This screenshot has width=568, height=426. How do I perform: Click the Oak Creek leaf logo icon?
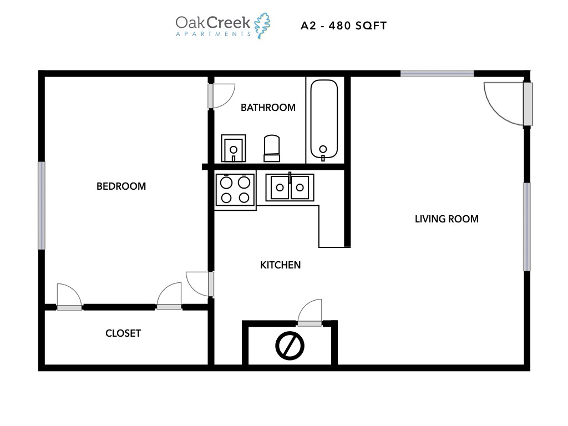(x=262, y=26)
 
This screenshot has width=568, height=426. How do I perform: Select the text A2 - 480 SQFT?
(x=343, y=26)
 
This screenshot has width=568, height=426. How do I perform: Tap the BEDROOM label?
(x=121, y=186)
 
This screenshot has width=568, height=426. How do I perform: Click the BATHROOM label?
(x=268, y=108)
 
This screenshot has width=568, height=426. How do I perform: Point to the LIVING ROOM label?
(x=447, y=219)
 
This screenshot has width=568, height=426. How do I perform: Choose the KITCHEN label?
(x=280, y=265)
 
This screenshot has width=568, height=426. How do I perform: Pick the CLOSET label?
(x=123, y=333)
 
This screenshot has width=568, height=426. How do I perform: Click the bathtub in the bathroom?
(x=323, y=120)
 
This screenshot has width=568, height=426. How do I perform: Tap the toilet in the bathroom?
(x=272, y=148)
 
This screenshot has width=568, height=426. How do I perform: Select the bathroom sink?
(x=234, y=148)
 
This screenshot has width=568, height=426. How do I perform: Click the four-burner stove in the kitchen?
(x=235, y=190)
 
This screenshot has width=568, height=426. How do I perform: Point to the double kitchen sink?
(x=290, y=187)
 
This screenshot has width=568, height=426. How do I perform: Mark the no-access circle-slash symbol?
(x=290, y=346)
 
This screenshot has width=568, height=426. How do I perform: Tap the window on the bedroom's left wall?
(x=42, y=205)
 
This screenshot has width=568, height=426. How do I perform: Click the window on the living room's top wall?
(x=437, y=73)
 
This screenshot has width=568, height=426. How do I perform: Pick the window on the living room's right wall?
(x=526, y=226)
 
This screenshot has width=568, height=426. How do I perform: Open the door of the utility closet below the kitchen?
(x=310, y=314)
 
